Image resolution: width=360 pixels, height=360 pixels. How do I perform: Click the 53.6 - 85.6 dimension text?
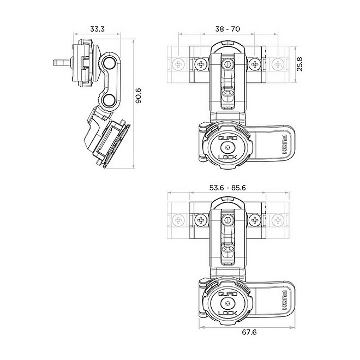pyautogui.click(x=227, y=187)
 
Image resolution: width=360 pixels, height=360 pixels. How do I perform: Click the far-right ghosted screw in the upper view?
pyautogui.click(x=277, y=64)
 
